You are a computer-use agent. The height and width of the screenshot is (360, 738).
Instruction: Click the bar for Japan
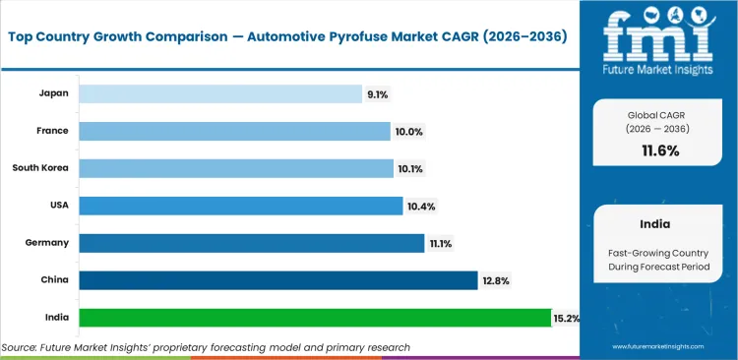tap(220, 93)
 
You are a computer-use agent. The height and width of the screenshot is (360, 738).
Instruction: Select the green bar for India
tap(315, 318)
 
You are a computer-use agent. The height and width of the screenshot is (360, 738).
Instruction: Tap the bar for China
tap(277, 280)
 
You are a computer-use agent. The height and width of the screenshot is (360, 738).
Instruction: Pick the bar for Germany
tap(252, 243)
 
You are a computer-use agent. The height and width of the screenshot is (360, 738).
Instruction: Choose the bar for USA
tap(240, 206)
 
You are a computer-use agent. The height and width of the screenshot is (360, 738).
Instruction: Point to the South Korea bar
tap(236, 168)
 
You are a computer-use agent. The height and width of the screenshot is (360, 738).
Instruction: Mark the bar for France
tap(234, 131)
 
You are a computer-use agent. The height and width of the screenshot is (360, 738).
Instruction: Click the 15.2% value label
tap(568, 318)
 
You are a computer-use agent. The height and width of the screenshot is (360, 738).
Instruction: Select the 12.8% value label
tap(495, 280)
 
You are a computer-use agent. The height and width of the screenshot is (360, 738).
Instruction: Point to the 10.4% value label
tap(421, 206)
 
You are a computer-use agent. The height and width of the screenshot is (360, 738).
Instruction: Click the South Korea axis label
tap(40, 168)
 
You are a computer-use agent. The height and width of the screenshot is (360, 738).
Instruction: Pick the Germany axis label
tap(47, 243)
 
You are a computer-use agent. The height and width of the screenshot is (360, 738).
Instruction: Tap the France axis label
tap(52, 131)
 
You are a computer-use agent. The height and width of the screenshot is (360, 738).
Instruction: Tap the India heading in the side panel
tap(658, 223)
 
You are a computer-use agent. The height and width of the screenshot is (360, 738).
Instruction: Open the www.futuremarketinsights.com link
tap(658, 347)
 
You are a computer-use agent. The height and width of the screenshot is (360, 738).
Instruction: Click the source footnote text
tap(206, 347)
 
